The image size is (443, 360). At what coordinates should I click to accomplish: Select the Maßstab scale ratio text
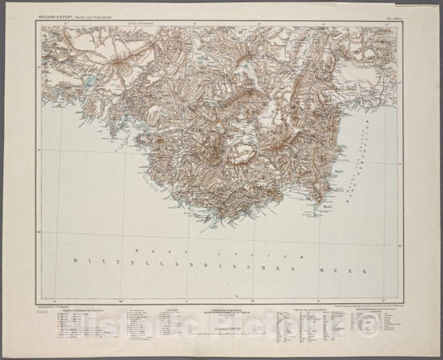coord(220,329)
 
